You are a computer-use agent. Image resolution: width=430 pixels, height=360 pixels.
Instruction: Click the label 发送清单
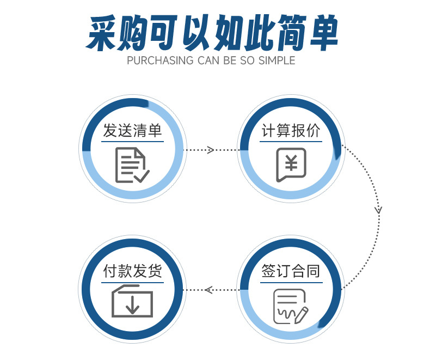(133, 131)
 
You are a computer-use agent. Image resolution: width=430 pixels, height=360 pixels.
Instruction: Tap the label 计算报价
(291, 131)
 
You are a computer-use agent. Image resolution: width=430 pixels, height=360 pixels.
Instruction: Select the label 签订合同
(291, 271)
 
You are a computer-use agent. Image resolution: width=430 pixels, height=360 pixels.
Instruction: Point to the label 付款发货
(133, 271)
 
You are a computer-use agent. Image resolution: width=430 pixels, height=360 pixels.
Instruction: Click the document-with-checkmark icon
(132, 165)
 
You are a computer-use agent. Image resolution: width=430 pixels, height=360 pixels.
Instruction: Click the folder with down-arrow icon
(132, 301)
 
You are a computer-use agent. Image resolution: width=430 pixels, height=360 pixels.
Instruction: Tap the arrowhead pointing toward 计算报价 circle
(211, 150)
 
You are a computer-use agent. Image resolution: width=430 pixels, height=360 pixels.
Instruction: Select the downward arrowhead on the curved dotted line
(379, 210)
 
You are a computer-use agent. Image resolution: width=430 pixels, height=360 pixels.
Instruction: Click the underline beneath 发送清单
(133, 143)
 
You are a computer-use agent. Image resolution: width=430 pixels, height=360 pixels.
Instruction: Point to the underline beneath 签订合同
(291, 282)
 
